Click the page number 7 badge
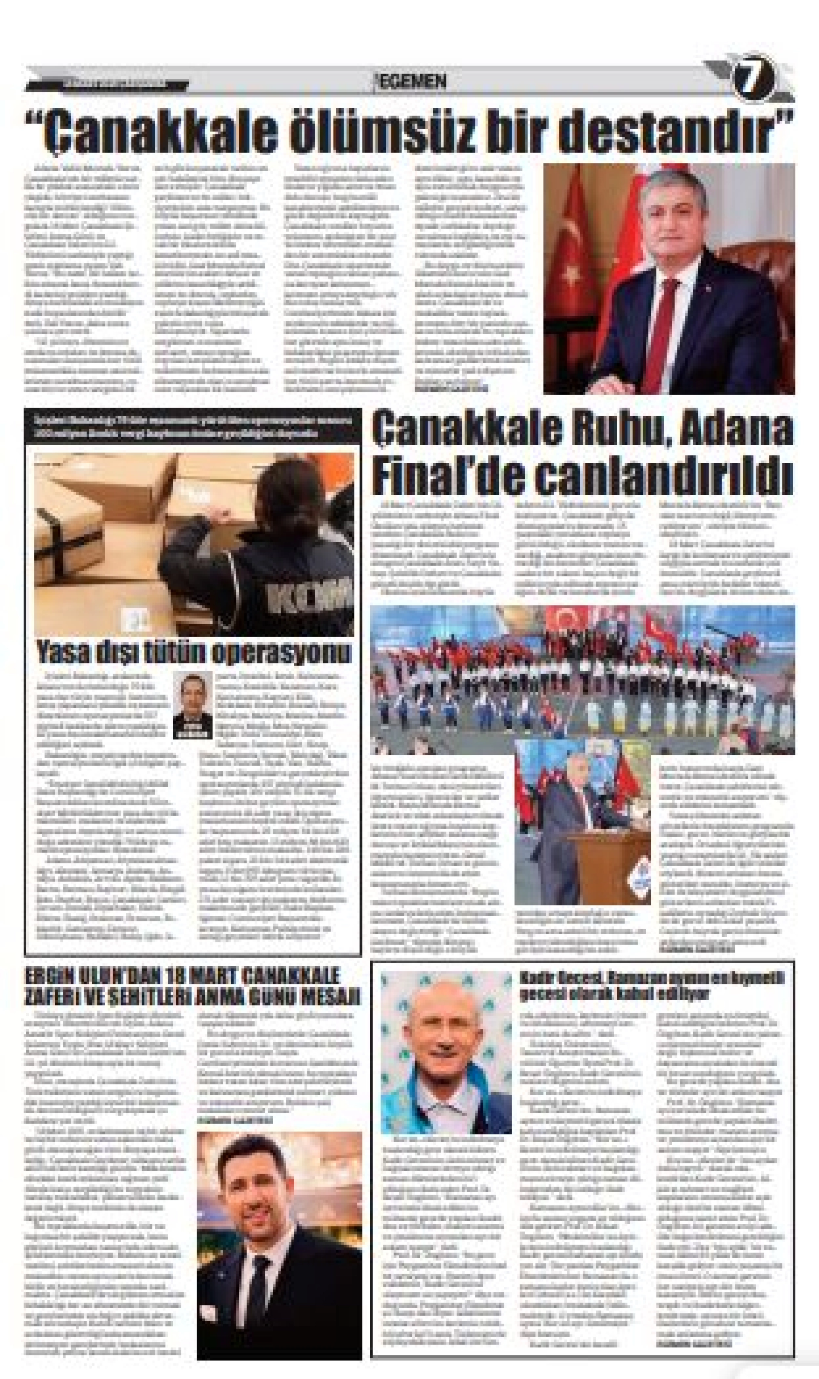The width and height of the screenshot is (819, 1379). [x=753, y=81]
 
